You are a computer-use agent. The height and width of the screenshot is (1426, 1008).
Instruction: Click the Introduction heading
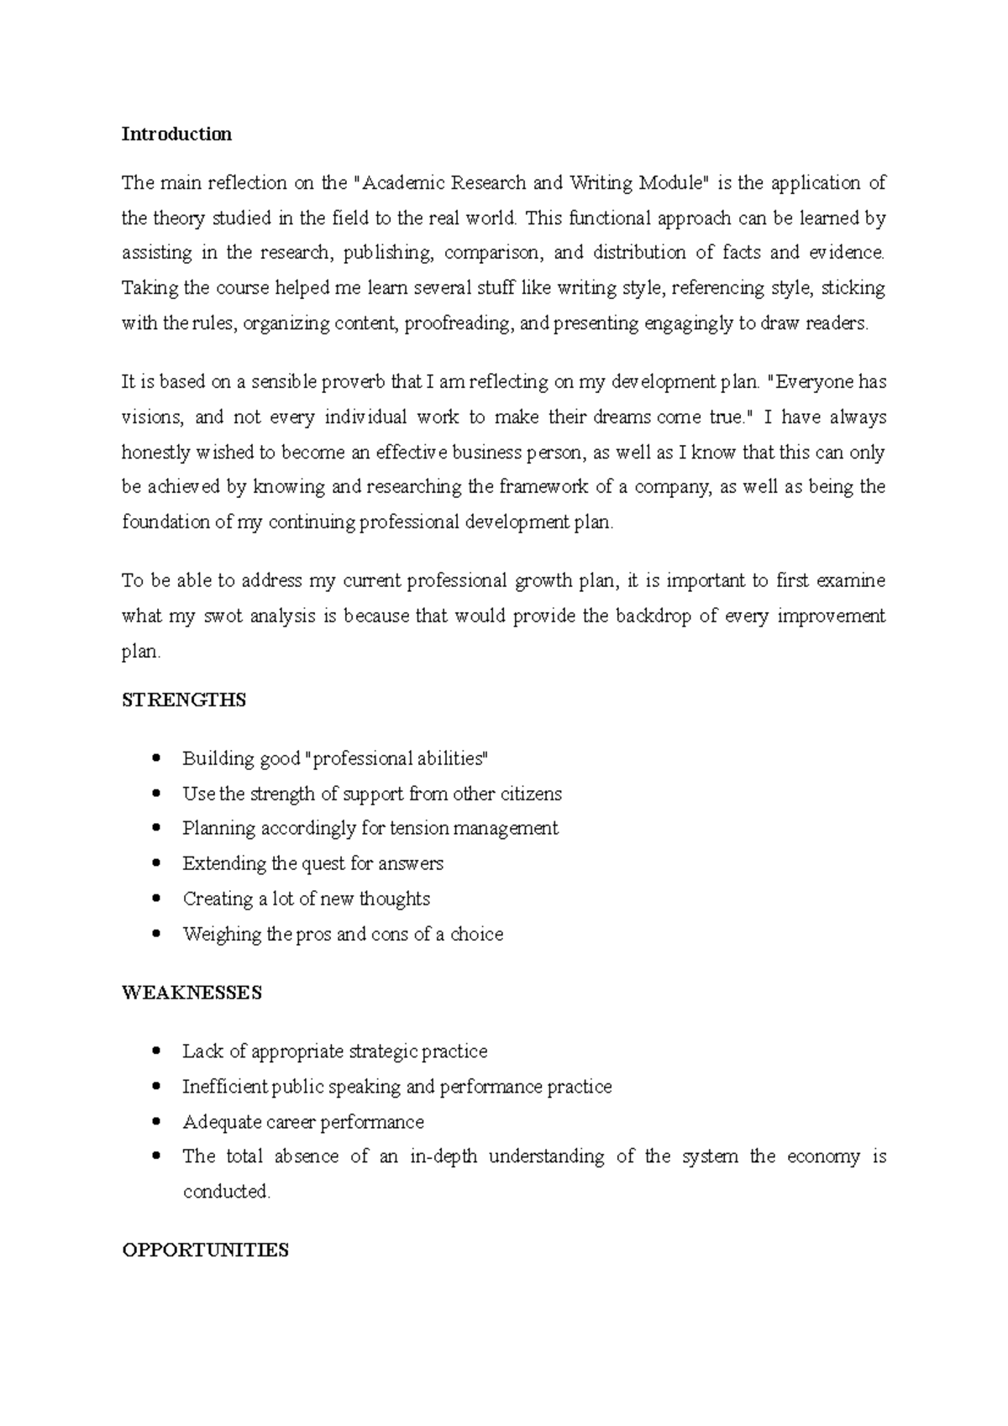pyautogui.click(x=176, y=134)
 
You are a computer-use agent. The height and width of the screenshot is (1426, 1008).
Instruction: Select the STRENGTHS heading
pyautogui.click(x=184, y=700)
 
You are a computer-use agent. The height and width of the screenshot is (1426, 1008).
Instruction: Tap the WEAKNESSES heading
pyautogui.click(x=192, y=993)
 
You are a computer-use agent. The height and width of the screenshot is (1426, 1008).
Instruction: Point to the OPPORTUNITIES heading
pyautogui.click(x=205, y=1250)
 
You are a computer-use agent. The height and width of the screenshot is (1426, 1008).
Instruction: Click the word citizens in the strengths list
pyautogui.click(x=531, y=794)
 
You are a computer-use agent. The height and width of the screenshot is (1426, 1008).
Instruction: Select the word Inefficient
pyautogui.click(x=225, y=1087)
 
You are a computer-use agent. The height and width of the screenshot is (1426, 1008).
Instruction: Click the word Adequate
pyautogui.click(x=222, y=1122)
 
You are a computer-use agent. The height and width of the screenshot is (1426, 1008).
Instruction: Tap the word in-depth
pyautogui.click(x=443, y=1156)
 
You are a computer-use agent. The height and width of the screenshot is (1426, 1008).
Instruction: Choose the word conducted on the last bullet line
pyautogui.click(x=226, y=1192)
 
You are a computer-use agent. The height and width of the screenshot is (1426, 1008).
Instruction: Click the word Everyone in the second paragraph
pyautogui.click(x=811, y=382)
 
